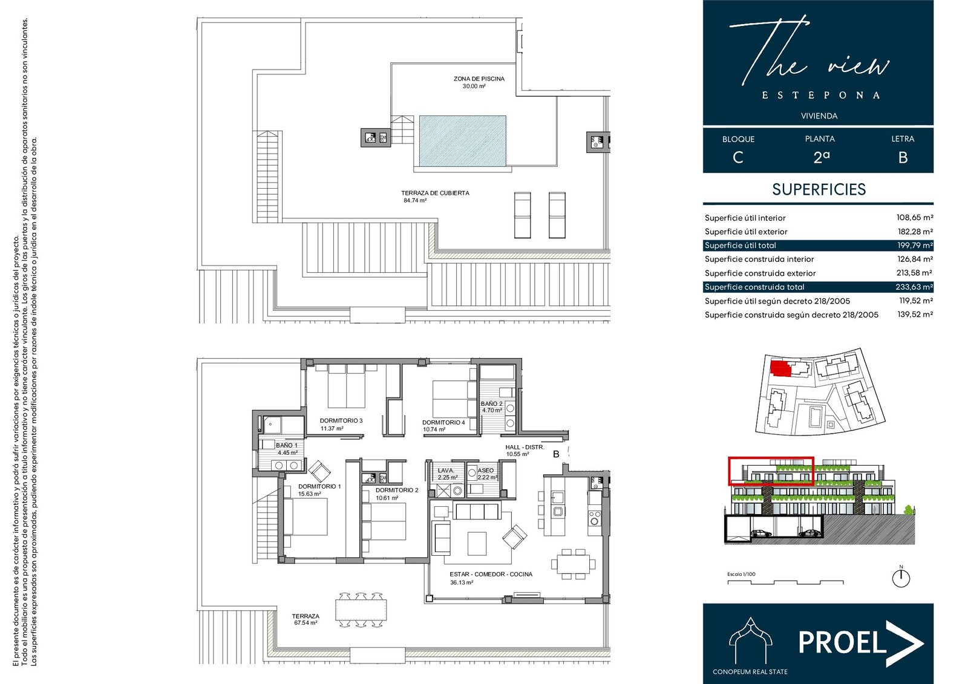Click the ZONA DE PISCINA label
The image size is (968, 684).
tap(479, 79)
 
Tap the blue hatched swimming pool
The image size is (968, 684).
tap(462, 141)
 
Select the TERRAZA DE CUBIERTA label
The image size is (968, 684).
tap(435, 193)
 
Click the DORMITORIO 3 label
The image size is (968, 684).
tap(341, 420)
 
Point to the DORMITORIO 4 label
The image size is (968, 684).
tap(443, 422)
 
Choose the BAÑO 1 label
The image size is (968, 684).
tap(287, 445)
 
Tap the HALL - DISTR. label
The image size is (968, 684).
tap(525, 447)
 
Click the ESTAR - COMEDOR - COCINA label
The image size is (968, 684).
tap(491, 575)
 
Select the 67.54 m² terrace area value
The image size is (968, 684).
tap(306, 623)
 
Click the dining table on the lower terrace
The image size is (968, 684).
tap(361, 610)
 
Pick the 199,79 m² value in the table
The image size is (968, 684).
tap(915, 246)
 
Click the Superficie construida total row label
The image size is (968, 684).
tap(754, 287)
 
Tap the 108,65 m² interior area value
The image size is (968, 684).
tap(914, 217)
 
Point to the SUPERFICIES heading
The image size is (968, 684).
tap(819, 189)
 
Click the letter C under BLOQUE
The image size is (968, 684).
tap(737, 157)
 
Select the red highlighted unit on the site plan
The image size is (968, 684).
tap(780, 368)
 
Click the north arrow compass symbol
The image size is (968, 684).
tap(901, 578)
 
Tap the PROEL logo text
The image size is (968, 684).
tap(842, 642)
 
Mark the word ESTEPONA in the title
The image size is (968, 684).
tap(820, 95)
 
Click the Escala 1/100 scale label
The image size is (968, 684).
tap(741, 575)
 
